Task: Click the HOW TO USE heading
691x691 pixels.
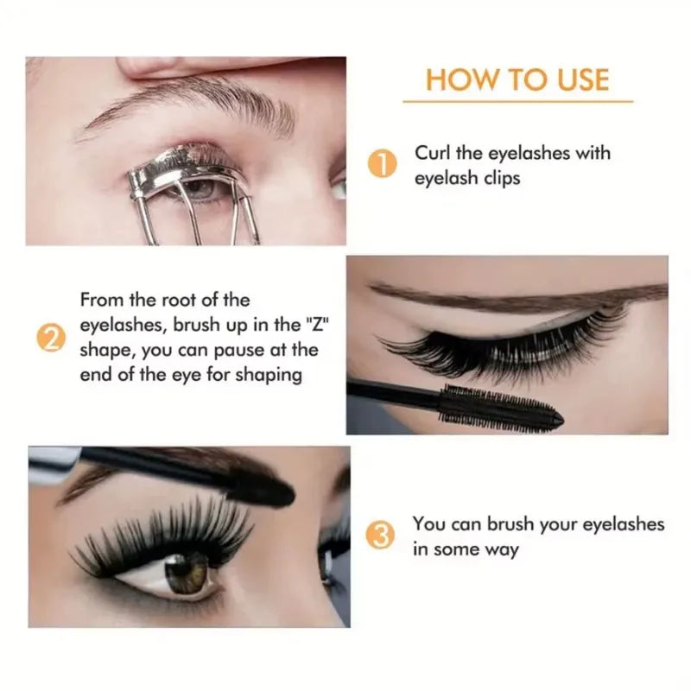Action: [x=517, y=79]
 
